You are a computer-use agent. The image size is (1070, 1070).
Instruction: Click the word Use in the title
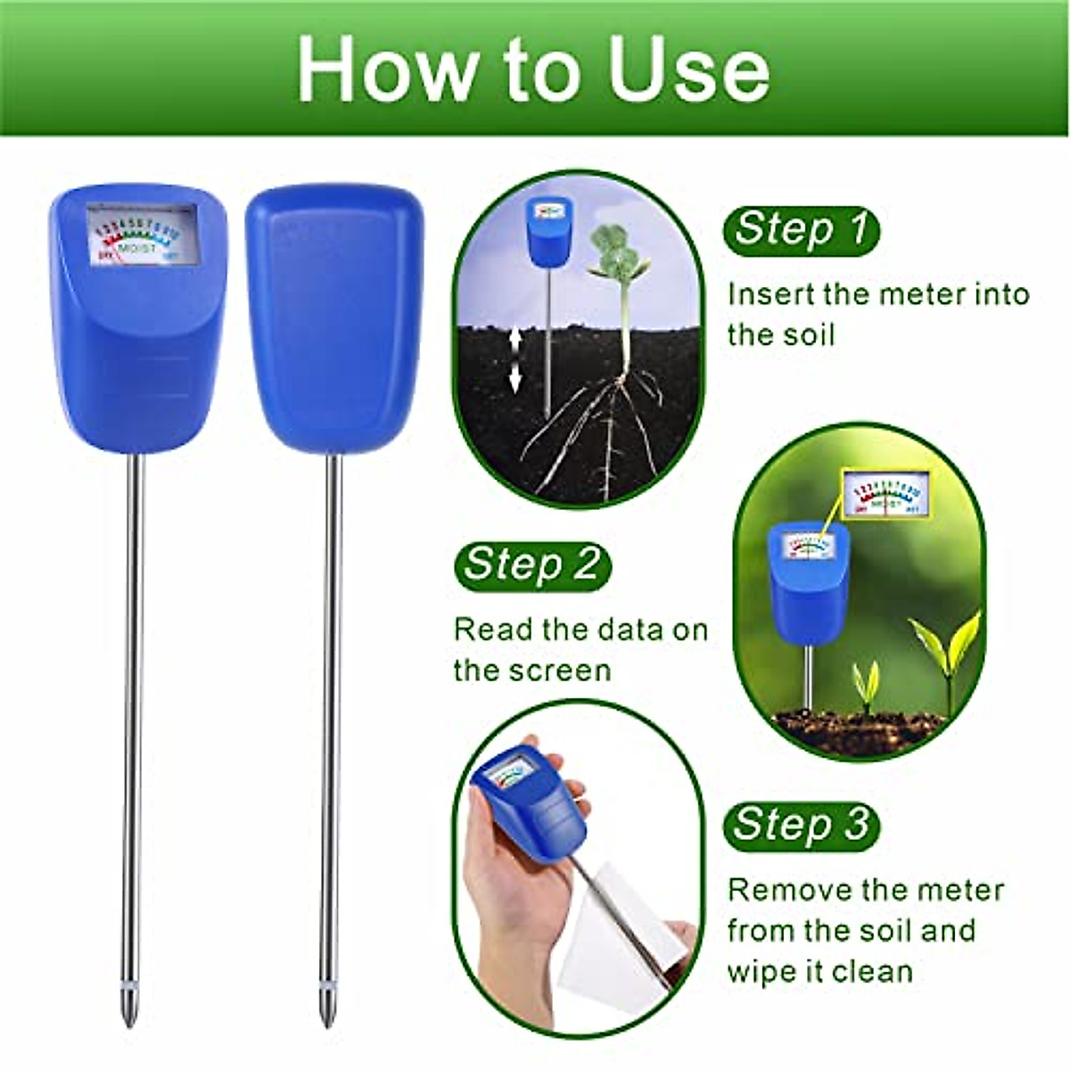click(687, 71)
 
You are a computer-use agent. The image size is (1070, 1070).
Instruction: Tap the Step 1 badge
click(800, 230)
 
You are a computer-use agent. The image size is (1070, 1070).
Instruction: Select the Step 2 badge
click(531, 565)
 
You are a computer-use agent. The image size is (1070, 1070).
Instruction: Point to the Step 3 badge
click(800, 825)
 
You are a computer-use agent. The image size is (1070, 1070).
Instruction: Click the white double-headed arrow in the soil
click(514, 360)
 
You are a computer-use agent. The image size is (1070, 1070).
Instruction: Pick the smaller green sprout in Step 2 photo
click(865, 682)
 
